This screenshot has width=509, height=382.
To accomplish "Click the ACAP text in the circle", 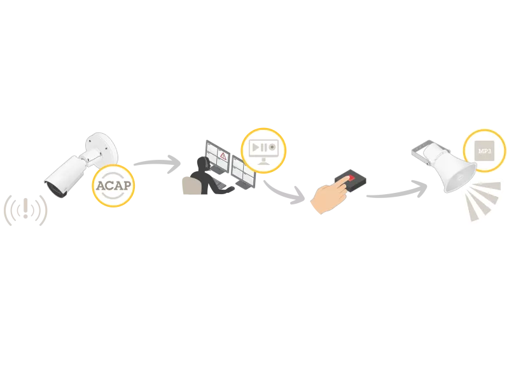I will pos(114,185).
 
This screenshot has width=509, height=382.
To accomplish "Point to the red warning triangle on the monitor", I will pos(223,155).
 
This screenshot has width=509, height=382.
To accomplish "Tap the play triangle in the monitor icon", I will pos(255,147).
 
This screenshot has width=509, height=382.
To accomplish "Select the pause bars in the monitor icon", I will pos(263,147).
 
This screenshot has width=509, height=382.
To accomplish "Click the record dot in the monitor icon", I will pos(272,147).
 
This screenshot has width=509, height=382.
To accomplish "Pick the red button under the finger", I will pos(349,178).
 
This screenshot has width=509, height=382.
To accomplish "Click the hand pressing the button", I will pos(328,197).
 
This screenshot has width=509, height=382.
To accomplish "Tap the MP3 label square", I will pos(485,150).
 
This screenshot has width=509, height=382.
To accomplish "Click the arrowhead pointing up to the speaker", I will pos(421,185).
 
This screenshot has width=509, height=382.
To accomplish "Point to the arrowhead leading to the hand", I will pos(297,195).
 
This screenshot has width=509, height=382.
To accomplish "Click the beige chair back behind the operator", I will pos(189,185).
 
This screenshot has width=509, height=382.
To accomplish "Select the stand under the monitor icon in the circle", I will pos(263,162).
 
